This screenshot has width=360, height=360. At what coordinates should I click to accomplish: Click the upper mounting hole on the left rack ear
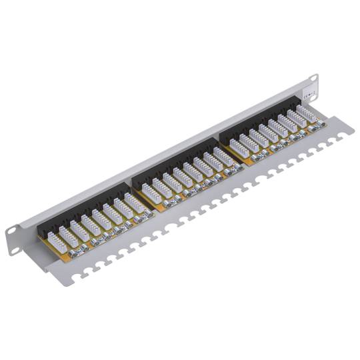(x=12, y=231)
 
